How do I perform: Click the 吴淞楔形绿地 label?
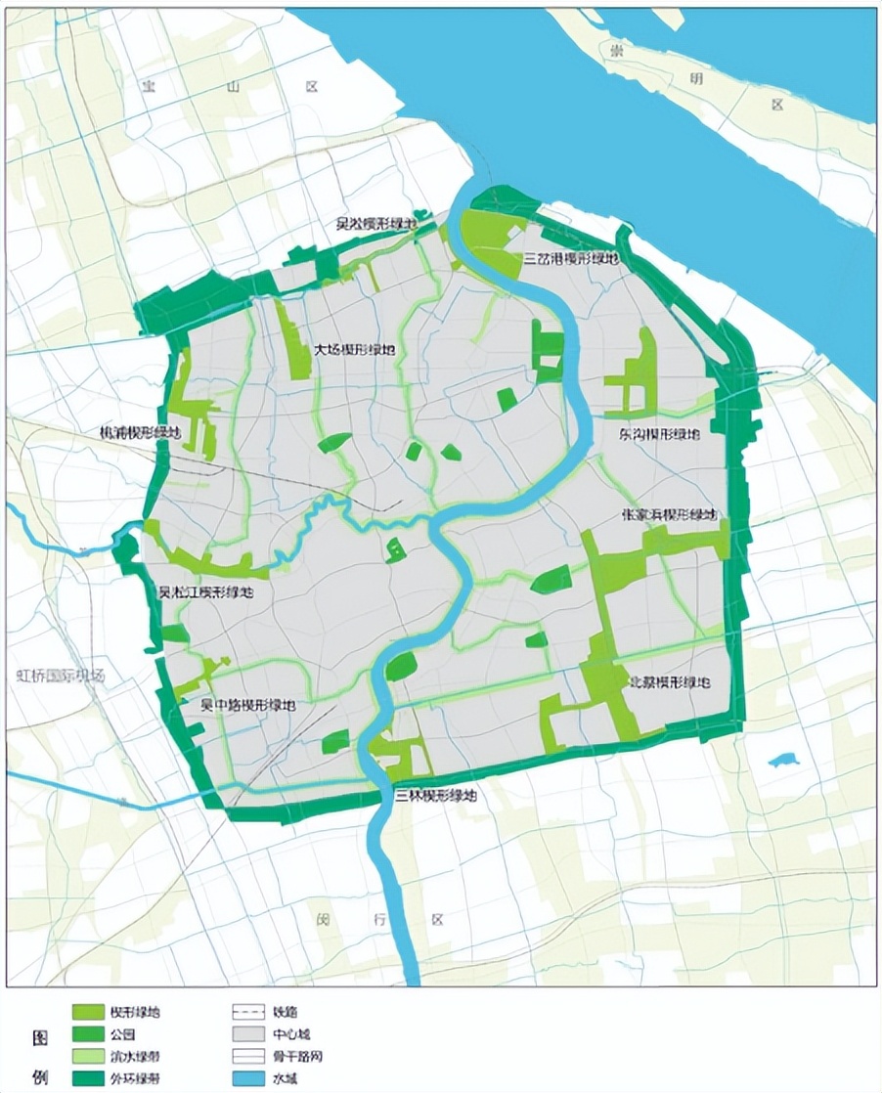[376, 224]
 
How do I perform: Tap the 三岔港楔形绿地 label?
[572, 259]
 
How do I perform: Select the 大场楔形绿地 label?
[355, 349]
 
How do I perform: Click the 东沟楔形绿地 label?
[660, 433]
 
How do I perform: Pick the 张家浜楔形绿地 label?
[670, 514]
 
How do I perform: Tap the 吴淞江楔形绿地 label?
[206, 592]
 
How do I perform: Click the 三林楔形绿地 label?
[435, 796]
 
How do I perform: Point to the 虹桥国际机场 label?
[61, 676]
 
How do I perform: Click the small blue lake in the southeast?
[783, 759]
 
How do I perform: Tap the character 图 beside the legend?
[40, 1034]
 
